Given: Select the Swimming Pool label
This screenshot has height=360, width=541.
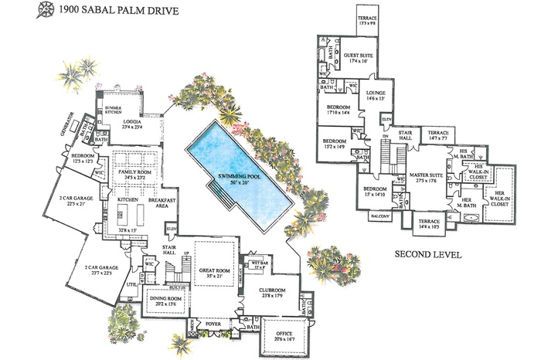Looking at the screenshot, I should pyautogui.click(x=240, y=177).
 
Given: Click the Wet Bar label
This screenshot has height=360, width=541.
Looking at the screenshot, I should pyautogui.click(x=258, y=263).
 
